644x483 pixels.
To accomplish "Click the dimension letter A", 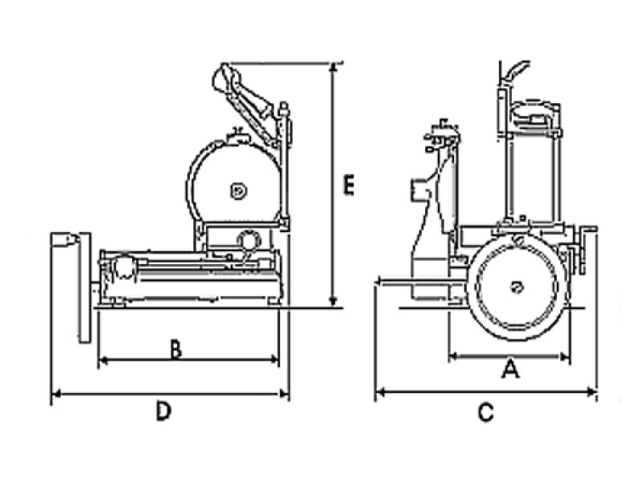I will click(x=509, y=369).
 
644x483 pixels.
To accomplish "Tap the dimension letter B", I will click(x=175, y=349).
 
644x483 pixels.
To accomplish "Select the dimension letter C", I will click(x=485, y=413).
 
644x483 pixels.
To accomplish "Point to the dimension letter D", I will click(x=163, y=411).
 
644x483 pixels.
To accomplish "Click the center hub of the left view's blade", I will click(x=237, y=191).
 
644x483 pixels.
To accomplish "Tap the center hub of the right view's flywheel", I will click(x=517, y=285).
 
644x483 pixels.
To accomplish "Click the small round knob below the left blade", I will click(x=249, y=240).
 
